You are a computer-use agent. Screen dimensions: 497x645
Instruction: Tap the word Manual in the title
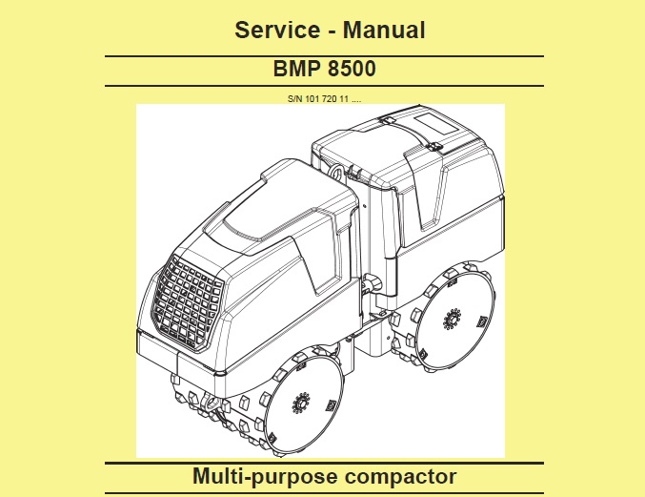point(383,30)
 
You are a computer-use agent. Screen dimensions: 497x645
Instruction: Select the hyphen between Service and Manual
point(329,31)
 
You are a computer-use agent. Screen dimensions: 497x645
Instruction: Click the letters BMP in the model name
point(295,72)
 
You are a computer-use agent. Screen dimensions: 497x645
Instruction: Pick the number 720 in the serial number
point(329,97)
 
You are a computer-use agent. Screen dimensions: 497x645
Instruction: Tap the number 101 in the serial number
point(312,97)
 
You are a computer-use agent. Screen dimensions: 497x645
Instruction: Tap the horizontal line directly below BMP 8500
point(323,86)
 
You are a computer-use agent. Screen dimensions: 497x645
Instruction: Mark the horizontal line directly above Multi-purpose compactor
point(323,463)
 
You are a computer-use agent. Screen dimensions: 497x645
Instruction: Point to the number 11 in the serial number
point(344,97)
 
